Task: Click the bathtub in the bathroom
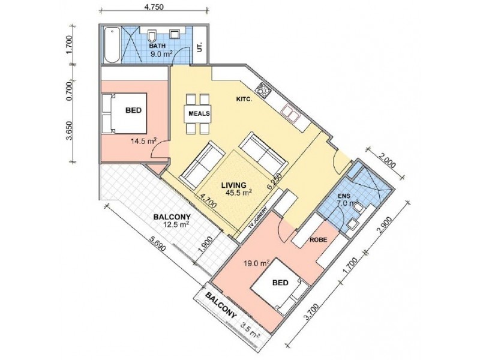[112, 44]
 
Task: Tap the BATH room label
[157, 46]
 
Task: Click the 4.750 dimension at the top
[155, 7]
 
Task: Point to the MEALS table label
[199, 113]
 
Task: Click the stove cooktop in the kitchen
[263, 89]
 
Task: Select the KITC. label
[244, 99]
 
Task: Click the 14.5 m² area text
[143, 141]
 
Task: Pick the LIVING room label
[234, 185]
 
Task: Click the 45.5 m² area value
[238, 192]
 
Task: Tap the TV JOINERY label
[258, 218]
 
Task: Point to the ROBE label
[319, 239]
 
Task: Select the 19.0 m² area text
[257, 262]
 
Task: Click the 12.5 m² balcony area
[175, 224]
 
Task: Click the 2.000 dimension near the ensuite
[387, 160]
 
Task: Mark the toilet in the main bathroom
[152, 35]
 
